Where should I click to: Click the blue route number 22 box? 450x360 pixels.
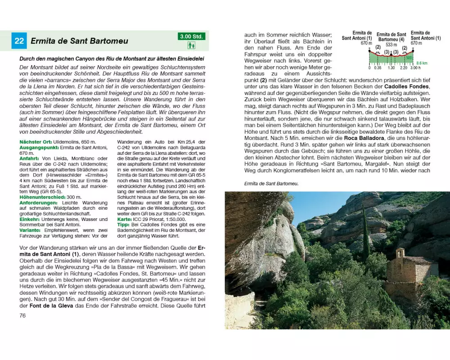tap(19, 41)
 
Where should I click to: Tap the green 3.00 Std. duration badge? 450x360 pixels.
tap(191, 36)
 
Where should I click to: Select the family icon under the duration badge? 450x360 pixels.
tap(191, 45)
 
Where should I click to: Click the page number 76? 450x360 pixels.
tap(22, 315)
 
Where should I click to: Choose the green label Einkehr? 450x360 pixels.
tap(31, 219)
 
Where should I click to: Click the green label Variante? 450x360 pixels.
tap(32, 229)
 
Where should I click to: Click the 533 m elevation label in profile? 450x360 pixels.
tap(391, 45)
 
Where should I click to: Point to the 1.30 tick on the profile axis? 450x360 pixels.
tap(391, 67)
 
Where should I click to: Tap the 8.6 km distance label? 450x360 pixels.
tap(422, 63)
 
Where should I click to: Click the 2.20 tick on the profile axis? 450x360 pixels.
tap(403, 67)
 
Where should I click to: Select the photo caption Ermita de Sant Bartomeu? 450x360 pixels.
tap(271, 184)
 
